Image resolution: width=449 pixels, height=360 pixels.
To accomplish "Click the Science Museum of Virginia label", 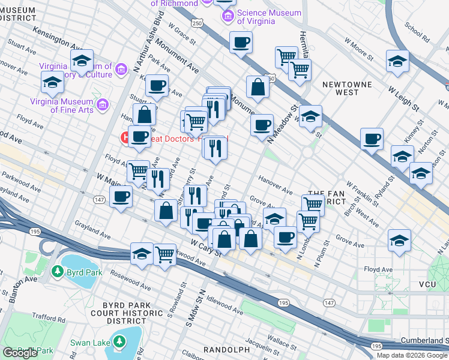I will coord(269,17).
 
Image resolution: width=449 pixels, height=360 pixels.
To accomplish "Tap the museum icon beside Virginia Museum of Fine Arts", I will coord(103,105).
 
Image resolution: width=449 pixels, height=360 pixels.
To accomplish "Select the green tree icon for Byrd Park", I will coord(57,271).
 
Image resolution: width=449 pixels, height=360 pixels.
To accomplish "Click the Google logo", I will coord(20,353).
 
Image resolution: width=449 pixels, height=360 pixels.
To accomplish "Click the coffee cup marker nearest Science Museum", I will coord(241,43).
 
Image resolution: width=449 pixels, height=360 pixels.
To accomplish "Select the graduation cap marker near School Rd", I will coord(397,61).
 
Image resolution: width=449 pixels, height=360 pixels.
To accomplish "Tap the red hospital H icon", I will coord(127,137).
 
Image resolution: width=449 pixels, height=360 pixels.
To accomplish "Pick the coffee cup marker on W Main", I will coord(121,196).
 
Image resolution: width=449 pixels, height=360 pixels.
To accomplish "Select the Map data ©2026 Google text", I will coord(412,355).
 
